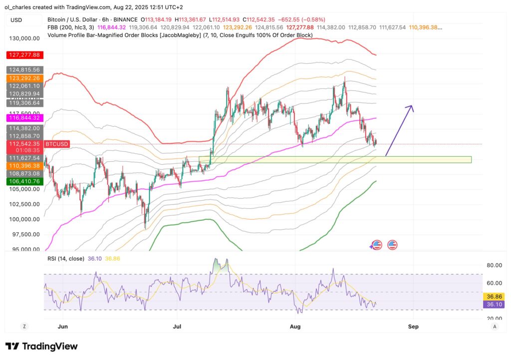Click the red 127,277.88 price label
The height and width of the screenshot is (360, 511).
click(x=23, y=54)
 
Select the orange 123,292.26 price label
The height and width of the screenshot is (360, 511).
click(x=23, y=78)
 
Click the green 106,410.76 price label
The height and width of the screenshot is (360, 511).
click(x=23, y=181)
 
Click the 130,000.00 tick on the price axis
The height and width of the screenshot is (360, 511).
click(x=23, y=38)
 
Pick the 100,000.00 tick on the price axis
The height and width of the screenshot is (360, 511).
click(x=23, y=219)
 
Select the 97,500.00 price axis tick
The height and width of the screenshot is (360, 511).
click(x=23, y=234)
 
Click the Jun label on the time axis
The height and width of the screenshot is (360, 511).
click(x=63, y=327)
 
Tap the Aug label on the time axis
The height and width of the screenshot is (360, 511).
click(x=295, y=327)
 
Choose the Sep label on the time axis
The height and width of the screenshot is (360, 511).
click(x=413, y=327)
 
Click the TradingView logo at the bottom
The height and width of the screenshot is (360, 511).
click(x=41, y=346)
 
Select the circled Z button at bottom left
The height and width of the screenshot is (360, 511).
click(x=23, y=327)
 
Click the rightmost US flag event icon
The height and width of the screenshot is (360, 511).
click(x=392, y=245)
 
